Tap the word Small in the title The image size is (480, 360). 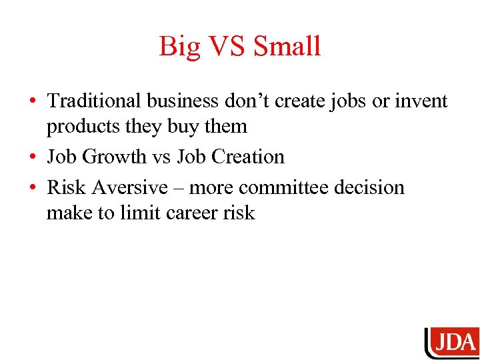pos(287,47)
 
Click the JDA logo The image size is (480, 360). pos(451,343)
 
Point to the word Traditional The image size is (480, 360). pos(94,101)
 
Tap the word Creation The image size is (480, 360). pos(251,157)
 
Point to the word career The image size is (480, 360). pos(197,213)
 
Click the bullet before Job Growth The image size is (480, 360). pos(32,157)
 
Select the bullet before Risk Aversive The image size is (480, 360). pos(32,188)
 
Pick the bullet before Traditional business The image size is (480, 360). pos(32,101)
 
